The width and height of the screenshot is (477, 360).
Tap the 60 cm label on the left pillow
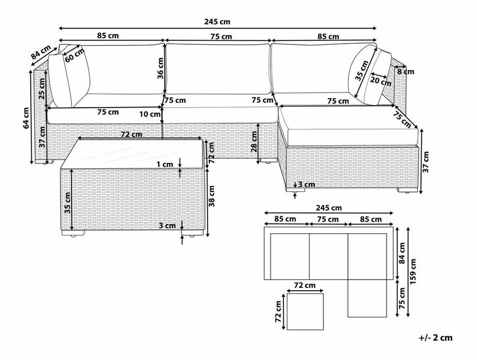tap(75, 55)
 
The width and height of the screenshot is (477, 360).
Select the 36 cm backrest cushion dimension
tap(161, 68)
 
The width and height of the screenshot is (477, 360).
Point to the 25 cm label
tap(42, 88)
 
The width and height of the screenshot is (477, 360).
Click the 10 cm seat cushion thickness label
tap(150, 115)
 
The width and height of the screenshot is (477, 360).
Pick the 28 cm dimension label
tap(254, 142)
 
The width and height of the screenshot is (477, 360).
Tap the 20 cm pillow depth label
tap(380, 81)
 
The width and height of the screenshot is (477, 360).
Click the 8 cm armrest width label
tap(406, 72)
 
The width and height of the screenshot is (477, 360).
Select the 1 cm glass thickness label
tap(165, 165)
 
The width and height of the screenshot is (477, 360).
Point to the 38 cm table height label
tap(212, 196)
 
